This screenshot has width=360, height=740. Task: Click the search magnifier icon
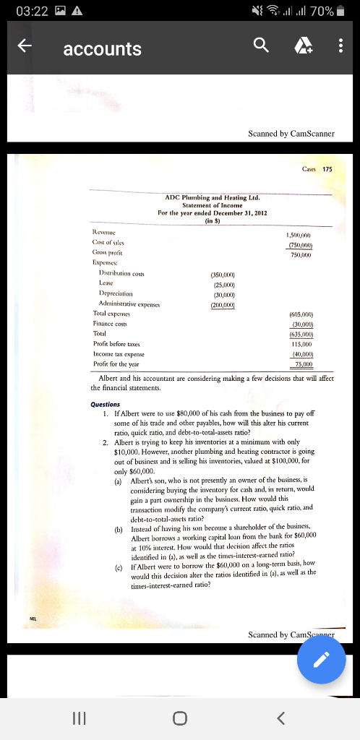point(260,47)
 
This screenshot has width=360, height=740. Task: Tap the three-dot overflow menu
point(340,48)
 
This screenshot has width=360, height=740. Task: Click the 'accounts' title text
point(102,49)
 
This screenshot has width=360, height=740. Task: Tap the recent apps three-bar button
point(79,718)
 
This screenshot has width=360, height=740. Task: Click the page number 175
point(327,169)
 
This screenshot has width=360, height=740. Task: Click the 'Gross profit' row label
point(108,253)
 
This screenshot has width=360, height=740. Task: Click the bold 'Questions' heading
point(106,405)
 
